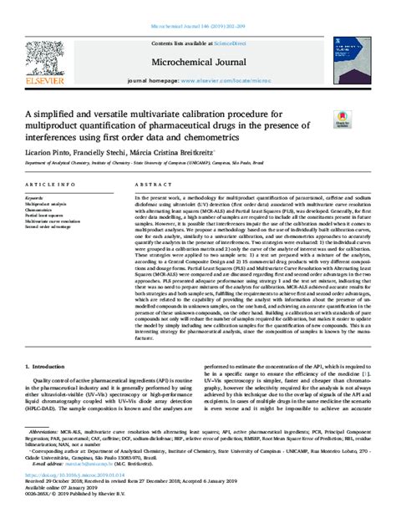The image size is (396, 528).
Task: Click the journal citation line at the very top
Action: (x=197, y=7)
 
